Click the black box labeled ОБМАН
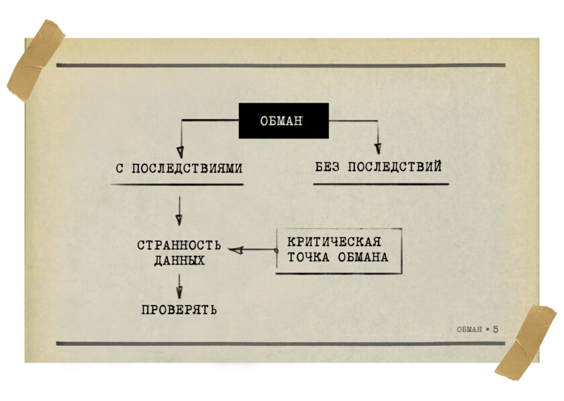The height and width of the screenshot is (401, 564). coord(284,121)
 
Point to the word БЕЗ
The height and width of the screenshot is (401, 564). coord(327,167)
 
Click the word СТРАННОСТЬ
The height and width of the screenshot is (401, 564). coord(179,245)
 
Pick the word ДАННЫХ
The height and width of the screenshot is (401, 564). coord(179,260)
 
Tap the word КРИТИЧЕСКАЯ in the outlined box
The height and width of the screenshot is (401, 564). coord(334,242)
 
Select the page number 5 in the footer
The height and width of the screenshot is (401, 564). coord(496,329)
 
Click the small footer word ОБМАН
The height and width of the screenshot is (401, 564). coord(469,329)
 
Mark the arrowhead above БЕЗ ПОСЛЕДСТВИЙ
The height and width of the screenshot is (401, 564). coord(377,149)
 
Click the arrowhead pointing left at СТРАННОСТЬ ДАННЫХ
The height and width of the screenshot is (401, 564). coord(234,251)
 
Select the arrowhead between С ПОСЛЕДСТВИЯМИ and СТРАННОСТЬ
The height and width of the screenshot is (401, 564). coord(179,219)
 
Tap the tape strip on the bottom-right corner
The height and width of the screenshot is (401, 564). coord(525,341)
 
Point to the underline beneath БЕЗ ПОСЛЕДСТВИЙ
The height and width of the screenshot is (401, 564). coord(381,183)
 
